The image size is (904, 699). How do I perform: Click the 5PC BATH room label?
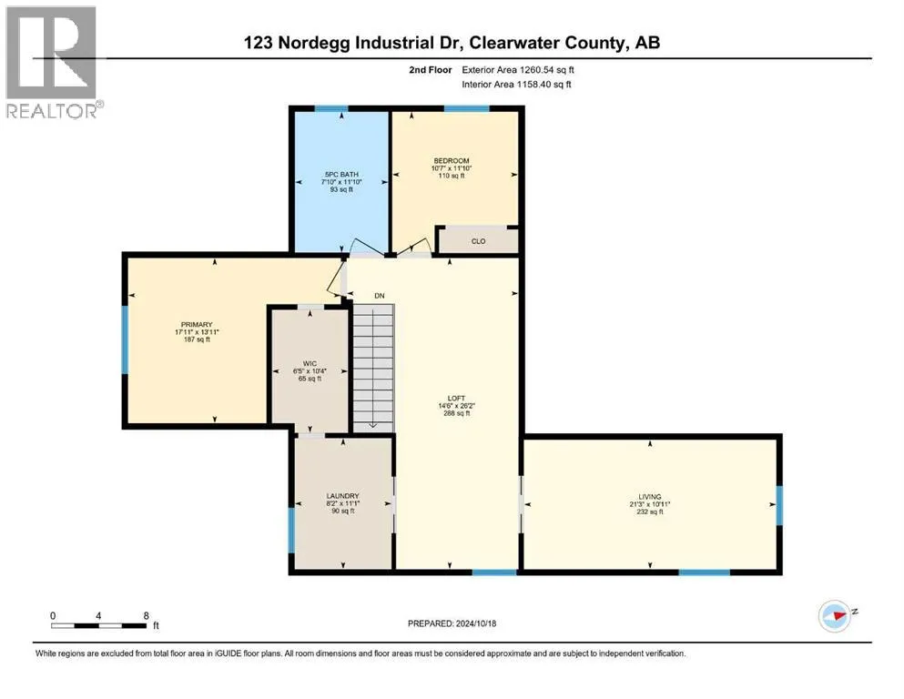(341, 174)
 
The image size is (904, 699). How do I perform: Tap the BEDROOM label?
(452, 161)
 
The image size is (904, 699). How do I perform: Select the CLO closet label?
(479, 241)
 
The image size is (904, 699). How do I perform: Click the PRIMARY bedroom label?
(197, 324)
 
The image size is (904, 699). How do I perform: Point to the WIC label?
(310, 364)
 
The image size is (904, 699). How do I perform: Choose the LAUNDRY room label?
(342, 496)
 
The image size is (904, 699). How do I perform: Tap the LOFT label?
(456, 399)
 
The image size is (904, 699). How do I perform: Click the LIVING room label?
(650, 497)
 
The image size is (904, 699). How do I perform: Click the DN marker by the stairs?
(380, 296)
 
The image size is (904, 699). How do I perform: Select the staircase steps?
(373, 368)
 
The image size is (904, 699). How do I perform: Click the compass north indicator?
(835, 616)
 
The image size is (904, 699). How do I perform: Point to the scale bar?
(98, 626)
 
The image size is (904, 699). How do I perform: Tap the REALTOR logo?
(52, 62)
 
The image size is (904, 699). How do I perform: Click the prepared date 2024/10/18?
(475, 623)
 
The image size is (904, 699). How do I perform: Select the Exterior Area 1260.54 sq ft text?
(518, 70)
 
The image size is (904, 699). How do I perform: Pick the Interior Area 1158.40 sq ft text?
(516, 84)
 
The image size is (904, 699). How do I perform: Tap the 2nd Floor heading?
(430, 70)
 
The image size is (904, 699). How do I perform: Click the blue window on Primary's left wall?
(125, 339)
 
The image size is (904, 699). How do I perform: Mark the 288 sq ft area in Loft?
(456, 413)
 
